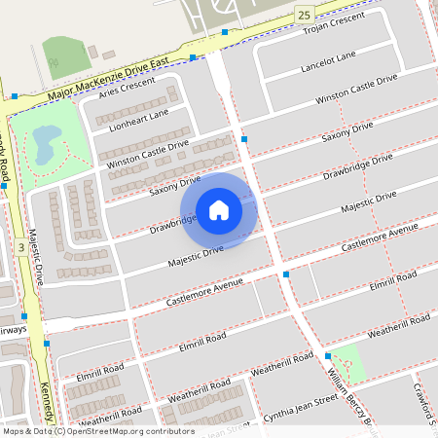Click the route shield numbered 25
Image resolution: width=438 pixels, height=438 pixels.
click(x=306, y=14)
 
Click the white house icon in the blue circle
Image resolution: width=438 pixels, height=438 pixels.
click(x=219, y=210)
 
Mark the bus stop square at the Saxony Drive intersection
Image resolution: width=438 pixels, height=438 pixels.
click(x=244, y=139)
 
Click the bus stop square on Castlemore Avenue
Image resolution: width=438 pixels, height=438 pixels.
click(x=286, y=275)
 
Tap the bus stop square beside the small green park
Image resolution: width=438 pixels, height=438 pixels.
click(x=328, y=356)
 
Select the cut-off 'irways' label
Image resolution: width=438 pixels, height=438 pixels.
click(x=14, y=331)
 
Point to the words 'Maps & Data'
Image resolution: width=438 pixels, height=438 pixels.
click(x=26, y=430)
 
